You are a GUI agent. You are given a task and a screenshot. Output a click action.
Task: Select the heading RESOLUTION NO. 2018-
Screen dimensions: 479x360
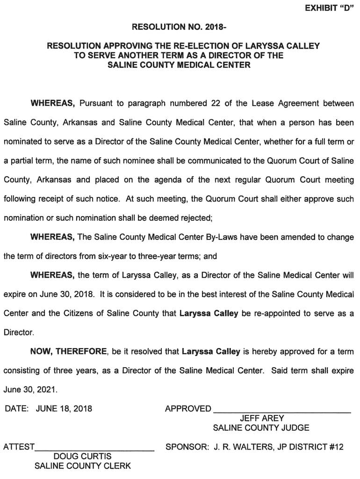pos(180,27)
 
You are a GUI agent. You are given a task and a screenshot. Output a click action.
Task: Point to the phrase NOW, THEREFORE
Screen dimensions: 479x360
pos(70,351)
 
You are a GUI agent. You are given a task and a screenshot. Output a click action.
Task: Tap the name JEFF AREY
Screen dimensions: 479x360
pos(262,418)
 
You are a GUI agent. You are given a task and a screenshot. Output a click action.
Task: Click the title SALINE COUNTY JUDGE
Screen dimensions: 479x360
pos(261,428)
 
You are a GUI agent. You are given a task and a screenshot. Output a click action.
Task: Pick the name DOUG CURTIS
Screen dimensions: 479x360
pos(83,456)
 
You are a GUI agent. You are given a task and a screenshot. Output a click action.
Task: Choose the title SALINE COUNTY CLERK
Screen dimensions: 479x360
pos(83,466)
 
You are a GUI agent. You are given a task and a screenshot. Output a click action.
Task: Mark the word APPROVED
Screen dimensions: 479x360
pos(188,408)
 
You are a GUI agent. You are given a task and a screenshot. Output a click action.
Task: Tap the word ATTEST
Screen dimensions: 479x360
pos(19,447)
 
